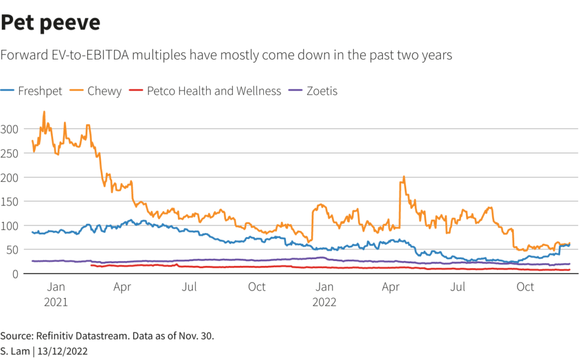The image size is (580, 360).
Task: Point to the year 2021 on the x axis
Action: [56, 302]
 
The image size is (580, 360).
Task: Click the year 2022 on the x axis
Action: [324, 302]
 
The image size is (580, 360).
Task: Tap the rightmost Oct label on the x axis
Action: [525, 288]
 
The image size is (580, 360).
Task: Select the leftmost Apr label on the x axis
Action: [122, 288]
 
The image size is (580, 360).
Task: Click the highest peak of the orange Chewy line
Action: [44, 112]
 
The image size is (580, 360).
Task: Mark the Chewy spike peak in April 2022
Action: [404, 177]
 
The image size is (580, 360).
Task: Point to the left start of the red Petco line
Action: [91, 265]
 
